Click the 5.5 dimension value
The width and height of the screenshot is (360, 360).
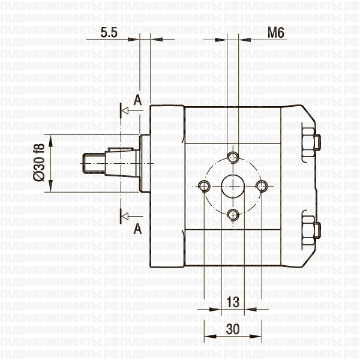pyautogui.click(x=109, y=33)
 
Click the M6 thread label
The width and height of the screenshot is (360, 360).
pyautogui.click(x=275, y=33)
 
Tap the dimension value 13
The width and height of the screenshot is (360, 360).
pyautogui.click(x=234, y=300)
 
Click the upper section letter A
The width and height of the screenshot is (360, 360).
pyautogui.click(x=137, y=100)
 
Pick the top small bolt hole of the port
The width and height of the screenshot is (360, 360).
pyautogui.click(x=233, y=158)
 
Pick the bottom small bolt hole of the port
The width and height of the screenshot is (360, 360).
pyautogui.click(x=233, y=214)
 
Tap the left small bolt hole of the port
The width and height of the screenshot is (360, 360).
pyautogui.click(x=205, y=186)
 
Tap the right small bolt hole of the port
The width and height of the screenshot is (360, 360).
pyautogui.click(x=262, y=186)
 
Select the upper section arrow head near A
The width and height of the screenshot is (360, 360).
pyautogui.click(x=125, y=112)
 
